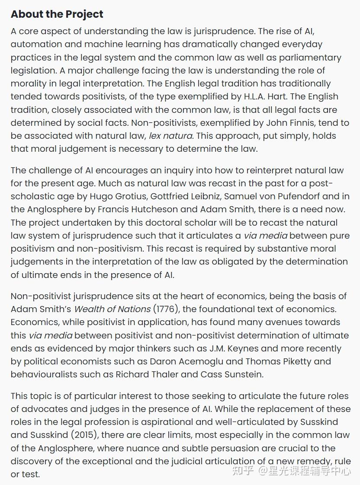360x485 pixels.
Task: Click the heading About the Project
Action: [57, 14]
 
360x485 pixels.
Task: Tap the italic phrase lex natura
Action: [171, 136]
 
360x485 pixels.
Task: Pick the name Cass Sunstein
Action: [231, 374]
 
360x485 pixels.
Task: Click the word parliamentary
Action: [301, 57]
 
